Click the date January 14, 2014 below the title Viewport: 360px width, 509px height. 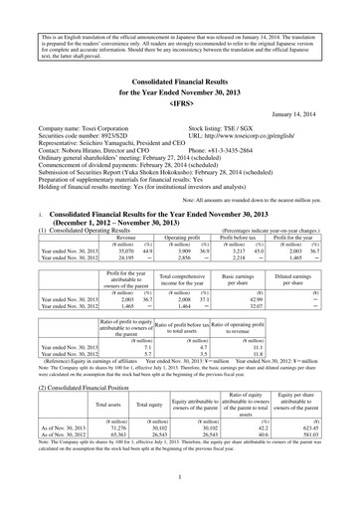pyautogui.click(x=311, y=113)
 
